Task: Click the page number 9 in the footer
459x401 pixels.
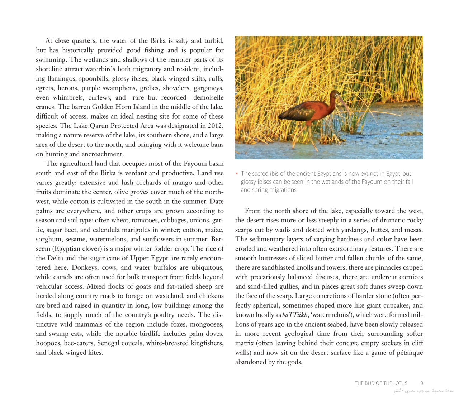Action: pos(422,383)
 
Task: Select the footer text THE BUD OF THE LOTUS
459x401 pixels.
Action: pos(381,383)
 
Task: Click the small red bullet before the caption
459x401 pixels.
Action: pos(237,174)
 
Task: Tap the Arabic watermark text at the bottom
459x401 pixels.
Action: pos(423,391)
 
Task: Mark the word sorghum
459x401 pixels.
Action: pos(48,239)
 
